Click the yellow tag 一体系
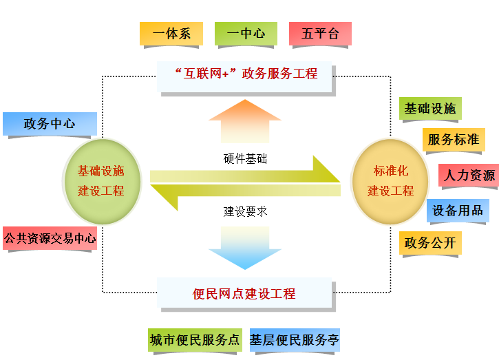171,34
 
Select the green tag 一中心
246,34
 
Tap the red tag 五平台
320,34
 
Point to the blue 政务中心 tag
50,124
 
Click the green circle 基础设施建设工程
101,181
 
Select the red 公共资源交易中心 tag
50,239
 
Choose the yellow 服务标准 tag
453,140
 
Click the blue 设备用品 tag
458,211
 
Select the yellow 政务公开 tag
429,242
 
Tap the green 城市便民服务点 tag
195,340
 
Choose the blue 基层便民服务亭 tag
295,340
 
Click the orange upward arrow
245,120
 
